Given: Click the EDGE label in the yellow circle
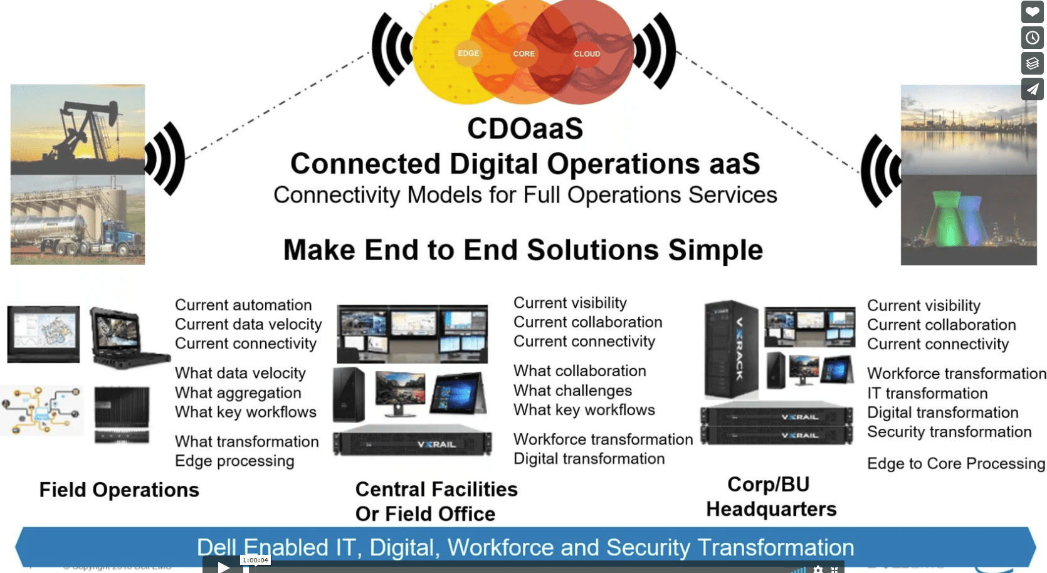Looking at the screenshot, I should [468, 53].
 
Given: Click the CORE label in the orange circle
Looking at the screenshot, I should [523, 54].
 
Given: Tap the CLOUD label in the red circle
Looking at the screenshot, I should [587, 54].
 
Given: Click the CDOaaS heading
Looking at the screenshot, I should [525, 129].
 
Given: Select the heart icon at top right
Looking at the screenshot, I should [1032, 12].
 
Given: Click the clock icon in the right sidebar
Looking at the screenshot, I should [1032, 38].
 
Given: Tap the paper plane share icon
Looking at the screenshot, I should [1032, 89].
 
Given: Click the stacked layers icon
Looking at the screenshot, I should [1032, 63].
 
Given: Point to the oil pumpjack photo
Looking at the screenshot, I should [78, 129].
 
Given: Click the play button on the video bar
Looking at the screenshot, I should [224, 567].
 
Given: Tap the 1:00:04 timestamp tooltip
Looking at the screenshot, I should [255, 560].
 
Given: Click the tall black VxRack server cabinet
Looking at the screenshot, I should [730, 349].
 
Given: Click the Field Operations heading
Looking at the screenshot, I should [119, 490].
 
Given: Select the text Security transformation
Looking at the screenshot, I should [949, 432].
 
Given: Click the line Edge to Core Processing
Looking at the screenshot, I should [955, 463].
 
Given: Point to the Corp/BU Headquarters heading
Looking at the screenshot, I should [771, 497].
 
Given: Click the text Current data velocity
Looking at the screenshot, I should [248, 324].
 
